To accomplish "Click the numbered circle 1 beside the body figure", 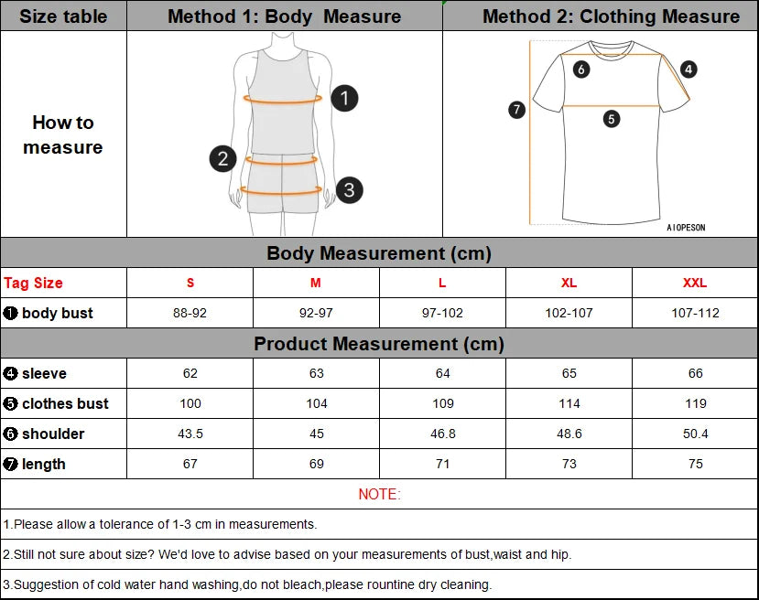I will (x=344, y=98).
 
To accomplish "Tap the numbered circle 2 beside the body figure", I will (x=222, y=158).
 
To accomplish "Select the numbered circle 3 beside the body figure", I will (x=349, y=190).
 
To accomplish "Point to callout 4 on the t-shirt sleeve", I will (x=689, y=69).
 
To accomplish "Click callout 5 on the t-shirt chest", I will (x=612, y=118).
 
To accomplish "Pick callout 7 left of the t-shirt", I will (x=516, y=110).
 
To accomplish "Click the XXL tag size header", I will (x=695, y=283).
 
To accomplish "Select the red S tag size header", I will (x=190, y=283).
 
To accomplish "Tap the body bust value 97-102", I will (x=442, y=313).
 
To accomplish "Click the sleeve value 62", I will (x=190, y=373).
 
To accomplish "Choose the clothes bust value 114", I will (x=569, y=403).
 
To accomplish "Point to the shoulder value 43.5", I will (x=190, y=434).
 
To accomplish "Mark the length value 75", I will (x=695, y=464).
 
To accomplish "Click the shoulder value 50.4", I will (x=695, y=434).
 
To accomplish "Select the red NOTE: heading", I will (x=379, y=494).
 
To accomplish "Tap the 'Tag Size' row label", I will (x=34, y=283).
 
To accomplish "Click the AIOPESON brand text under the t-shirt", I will (x=686, y=228).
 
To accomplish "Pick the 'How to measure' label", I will (x=63, y=134).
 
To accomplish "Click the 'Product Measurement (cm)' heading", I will (x=379, y=344).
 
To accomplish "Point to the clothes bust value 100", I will (x=190, y=403).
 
